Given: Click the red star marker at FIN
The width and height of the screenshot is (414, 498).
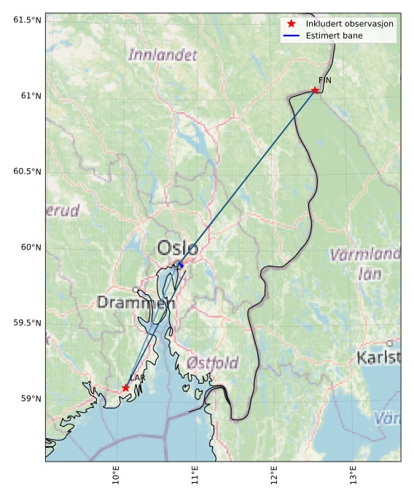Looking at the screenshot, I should click(315, 90).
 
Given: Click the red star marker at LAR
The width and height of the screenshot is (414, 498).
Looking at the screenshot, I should click(126, 388).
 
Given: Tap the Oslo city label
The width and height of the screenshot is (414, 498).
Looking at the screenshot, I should click(177, 248).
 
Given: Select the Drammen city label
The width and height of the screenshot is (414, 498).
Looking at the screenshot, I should click(136, 302).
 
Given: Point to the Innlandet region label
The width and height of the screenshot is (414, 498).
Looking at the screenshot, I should click(163, 55).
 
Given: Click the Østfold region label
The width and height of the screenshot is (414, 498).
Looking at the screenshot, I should click(212, 363).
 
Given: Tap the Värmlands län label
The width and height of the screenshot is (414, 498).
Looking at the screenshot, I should click(367, 264).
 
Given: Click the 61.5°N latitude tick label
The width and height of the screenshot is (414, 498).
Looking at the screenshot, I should click(27, 20).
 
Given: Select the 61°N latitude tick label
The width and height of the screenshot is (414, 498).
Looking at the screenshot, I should click(30, 95).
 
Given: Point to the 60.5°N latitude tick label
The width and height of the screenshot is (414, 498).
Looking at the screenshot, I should click(27, 171).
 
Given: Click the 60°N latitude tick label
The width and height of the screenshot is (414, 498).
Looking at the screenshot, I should click(30, 247).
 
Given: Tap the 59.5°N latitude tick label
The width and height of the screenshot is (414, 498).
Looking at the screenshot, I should click(27, 323).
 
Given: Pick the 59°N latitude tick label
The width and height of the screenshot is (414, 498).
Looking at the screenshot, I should click(30, 398).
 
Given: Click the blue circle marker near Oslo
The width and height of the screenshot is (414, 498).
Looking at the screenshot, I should click(180, 265).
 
